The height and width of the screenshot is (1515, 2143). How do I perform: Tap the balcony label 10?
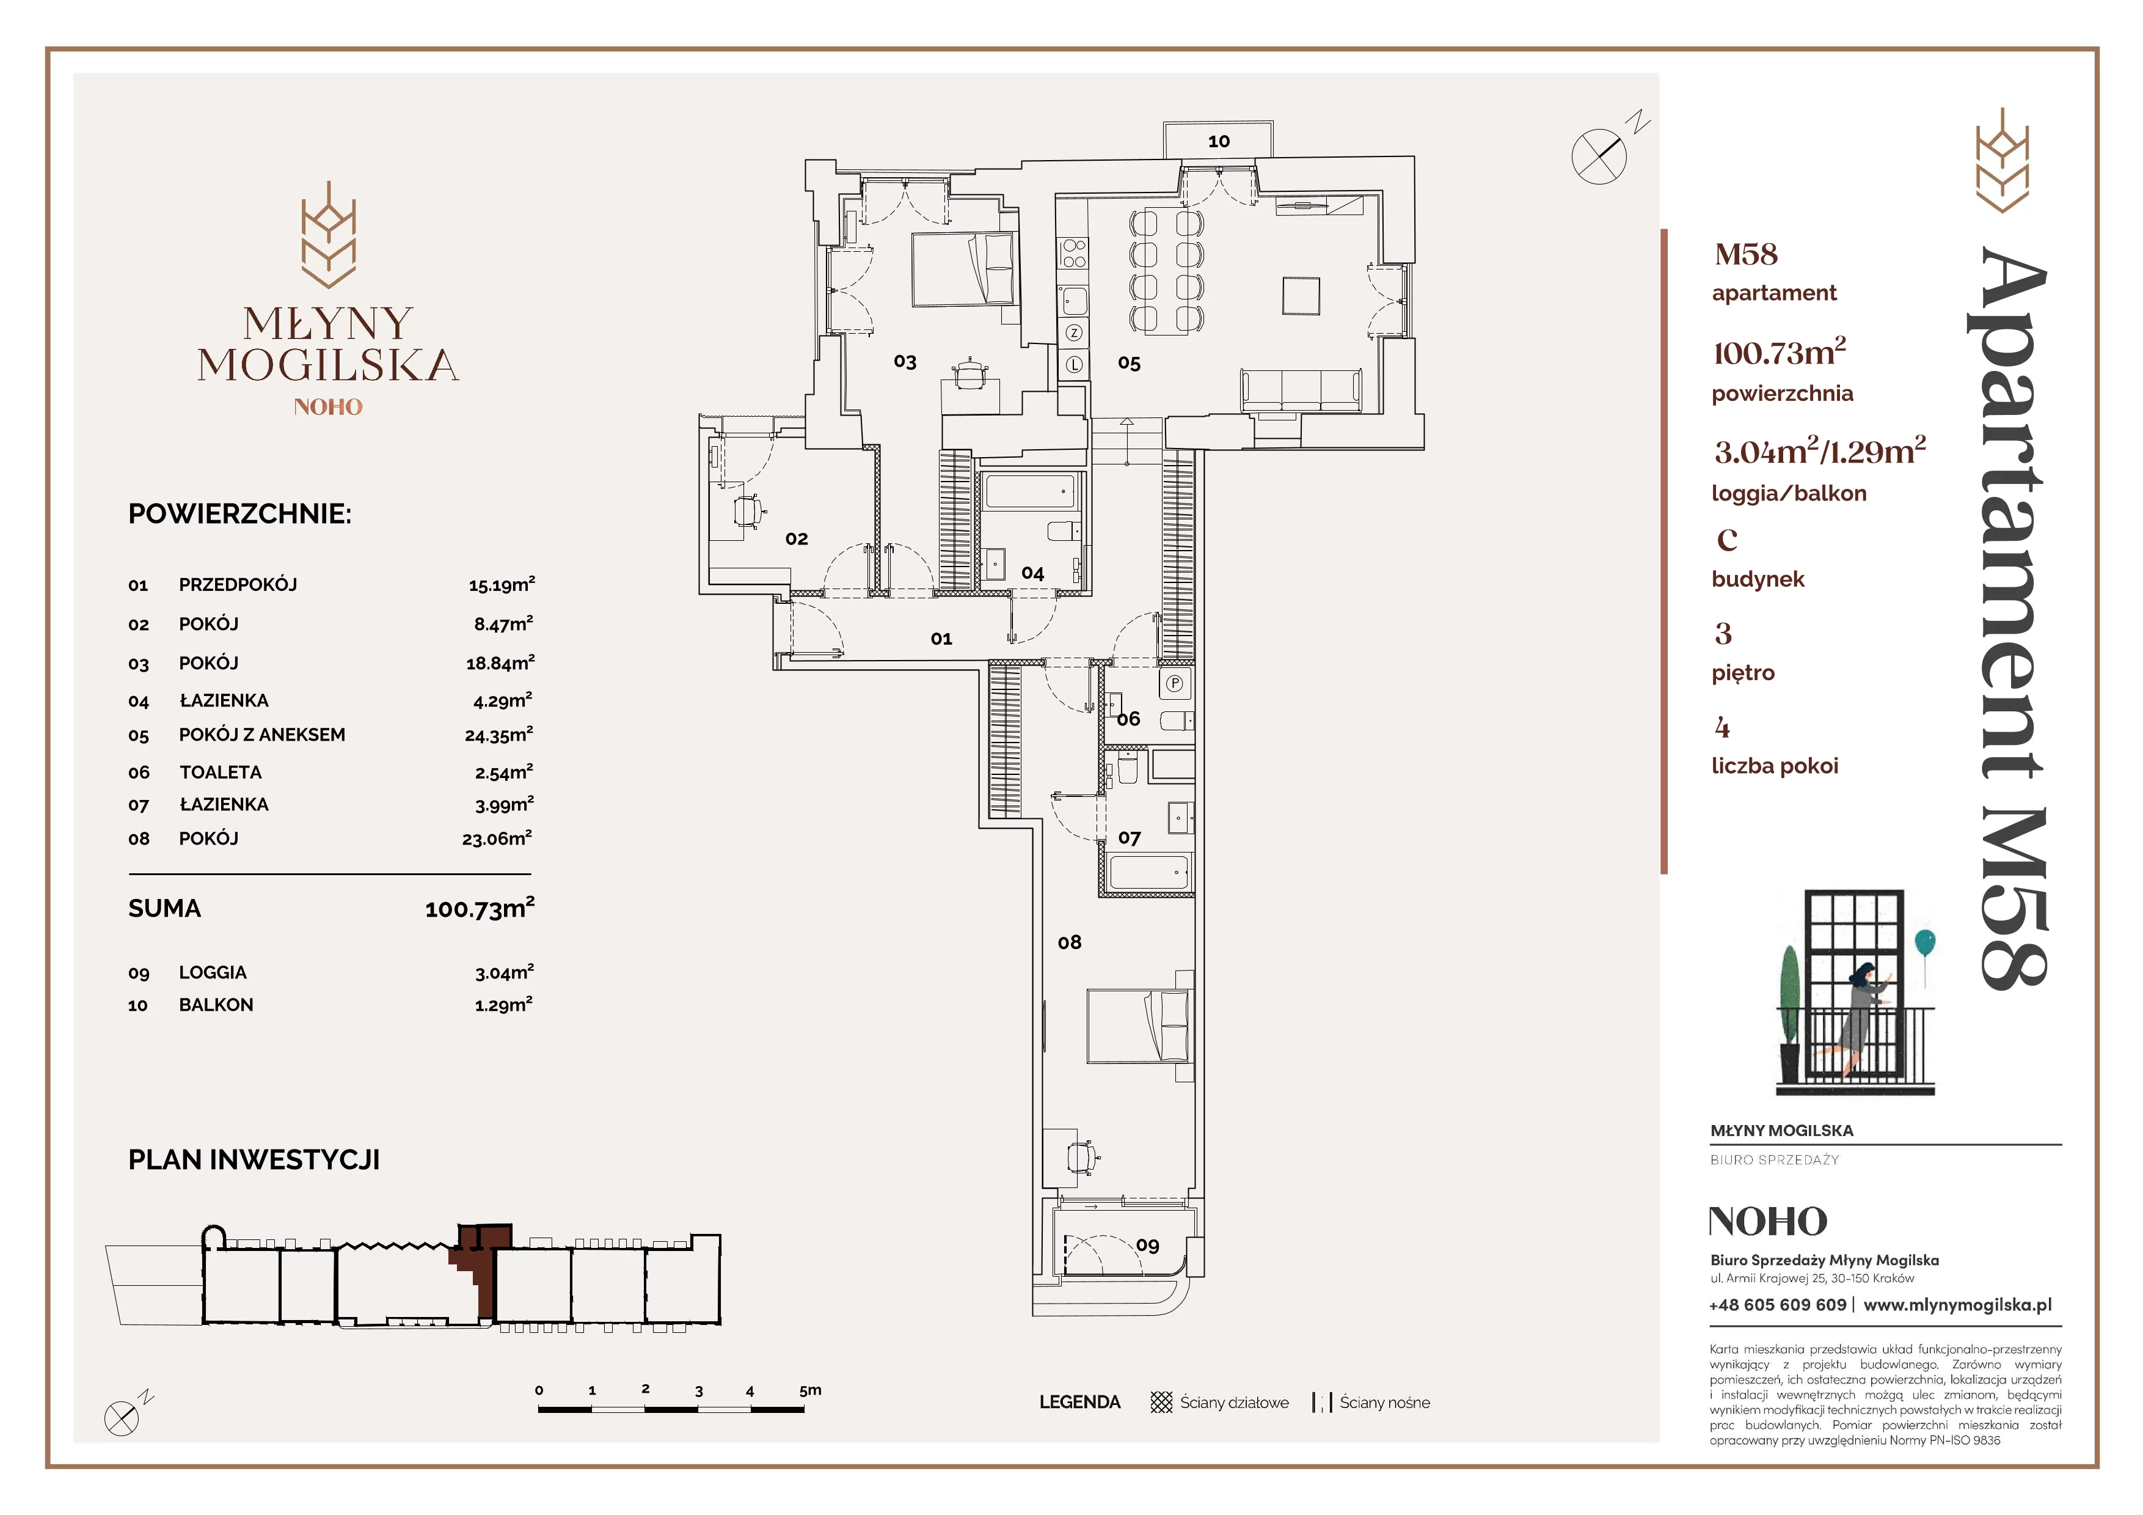(1218, 141)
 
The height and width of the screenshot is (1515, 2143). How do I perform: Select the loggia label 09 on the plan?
(1147, 1245)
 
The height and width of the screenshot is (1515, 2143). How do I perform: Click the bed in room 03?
(963, 269)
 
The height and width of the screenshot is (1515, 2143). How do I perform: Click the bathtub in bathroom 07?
(1149, 873)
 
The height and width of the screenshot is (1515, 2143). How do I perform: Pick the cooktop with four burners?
(1073, 253)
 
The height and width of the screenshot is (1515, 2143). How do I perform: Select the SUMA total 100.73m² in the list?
(480, 908)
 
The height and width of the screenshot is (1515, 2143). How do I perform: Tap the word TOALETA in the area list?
(221, 772)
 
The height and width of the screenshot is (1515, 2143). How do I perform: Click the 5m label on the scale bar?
(810, 1390)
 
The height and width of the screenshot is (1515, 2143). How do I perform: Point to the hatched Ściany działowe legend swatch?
(1161, 1402)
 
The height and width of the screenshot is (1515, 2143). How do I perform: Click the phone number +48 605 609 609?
(1777, 1305)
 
